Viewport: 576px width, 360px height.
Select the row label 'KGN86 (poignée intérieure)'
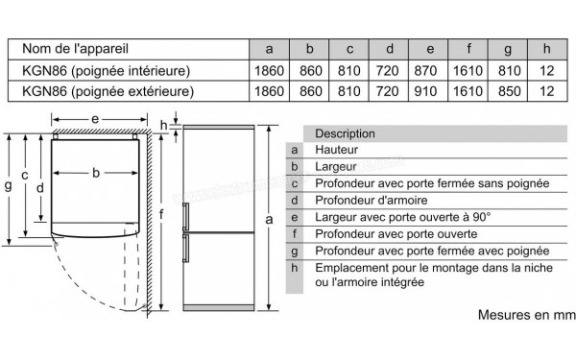coord(107,70)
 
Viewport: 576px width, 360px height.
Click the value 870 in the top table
coord(429,70)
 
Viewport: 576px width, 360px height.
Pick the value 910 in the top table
coord(429,91)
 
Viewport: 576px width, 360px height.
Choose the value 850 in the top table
coord(506,91)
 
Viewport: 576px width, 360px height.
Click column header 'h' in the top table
coord(545,48)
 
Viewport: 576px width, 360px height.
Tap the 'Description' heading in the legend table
coord(345,133)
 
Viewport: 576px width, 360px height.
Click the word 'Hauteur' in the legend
coord(337,150)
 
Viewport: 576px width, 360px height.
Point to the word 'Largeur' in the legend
coord(336,167)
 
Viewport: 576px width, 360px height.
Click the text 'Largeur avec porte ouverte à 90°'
coord(402,217)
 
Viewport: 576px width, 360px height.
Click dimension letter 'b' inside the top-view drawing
coord(96,173)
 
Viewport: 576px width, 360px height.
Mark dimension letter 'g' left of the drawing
coord(8,185)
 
